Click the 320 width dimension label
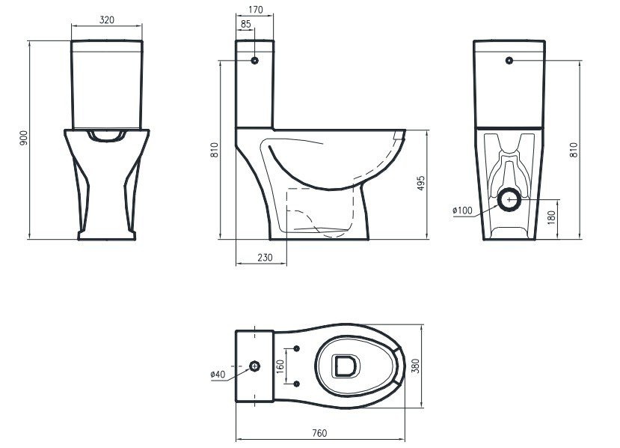(x=107, y=19)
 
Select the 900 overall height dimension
(x=24, y=137)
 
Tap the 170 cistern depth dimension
(x=256, y=10)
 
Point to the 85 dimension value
(x=245, y=24)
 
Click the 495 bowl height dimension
(x=421, y=183)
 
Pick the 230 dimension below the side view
(x=265, y=258)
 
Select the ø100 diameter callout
(x=463, y=211)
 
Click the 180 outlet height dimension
(x=552, y=217)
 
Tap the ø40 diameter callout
(x=218, y=374)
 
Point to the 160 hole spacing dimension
(x=280, y=366)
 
